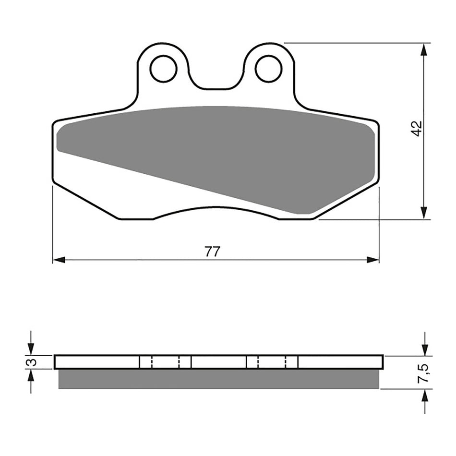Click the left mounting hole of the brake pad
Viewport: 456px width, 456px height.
coord(164,69)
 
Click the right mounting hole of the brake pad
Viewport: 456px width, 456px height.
coord(268,69)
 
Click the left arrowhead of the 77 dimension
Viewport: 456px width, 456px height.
coord(59,260)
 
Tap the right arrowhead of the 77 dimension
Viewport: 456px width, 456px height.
coord(373,260)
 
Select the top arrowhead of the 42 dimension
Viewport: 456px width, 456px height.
coord(423,50)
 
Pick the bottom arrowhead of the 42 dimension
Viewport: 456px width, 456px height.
coord(423,213)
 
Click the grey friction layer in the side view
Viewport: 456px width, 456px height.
coord(218,379)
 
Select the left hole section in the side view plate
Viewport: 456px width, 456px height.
coord(165,362)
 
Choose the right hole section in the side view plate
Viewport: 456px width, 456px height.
coord(272,362)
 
